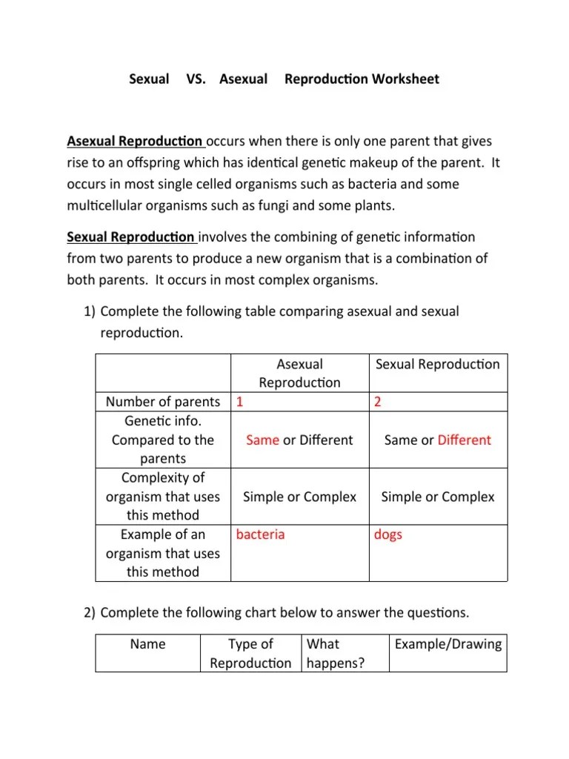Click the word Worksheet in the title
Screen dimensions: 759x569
pos(405,79)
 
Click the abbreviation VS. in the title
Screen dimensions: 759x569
pos(194,79)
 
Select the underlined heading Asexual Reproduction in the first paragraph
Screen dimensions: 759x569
pos(135,141)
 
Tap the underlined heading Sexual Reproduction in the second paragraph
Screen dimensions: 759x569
pos(131,237)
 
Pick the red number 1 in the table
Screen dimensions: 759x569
pos(240,402)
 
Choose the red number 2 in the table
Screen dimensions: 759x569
pos(378,402)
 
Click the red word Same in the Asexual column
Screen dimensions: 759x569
pos(262,440)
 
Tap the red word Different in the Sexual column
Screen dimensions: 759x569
pos(464,440)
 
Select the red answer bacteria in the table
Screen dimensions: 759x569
pos(260,534)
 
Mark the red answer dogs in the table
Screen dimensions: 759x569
pos(388,534)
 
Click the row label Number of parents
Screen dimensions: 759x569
pos(163,402)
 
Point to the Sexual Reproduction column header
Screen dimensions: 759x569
pos(438,364)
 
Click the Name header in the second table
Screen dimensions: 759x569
pos(147,644)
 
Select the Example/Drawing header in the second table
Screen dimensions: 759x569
pos(448,644)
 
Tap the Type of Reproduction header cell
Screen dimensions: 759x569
pos(250,654)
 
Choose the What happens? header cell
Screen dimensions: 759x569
pos(336,654)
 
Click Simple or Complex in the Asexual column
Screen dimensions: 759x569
pos(299,497)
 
